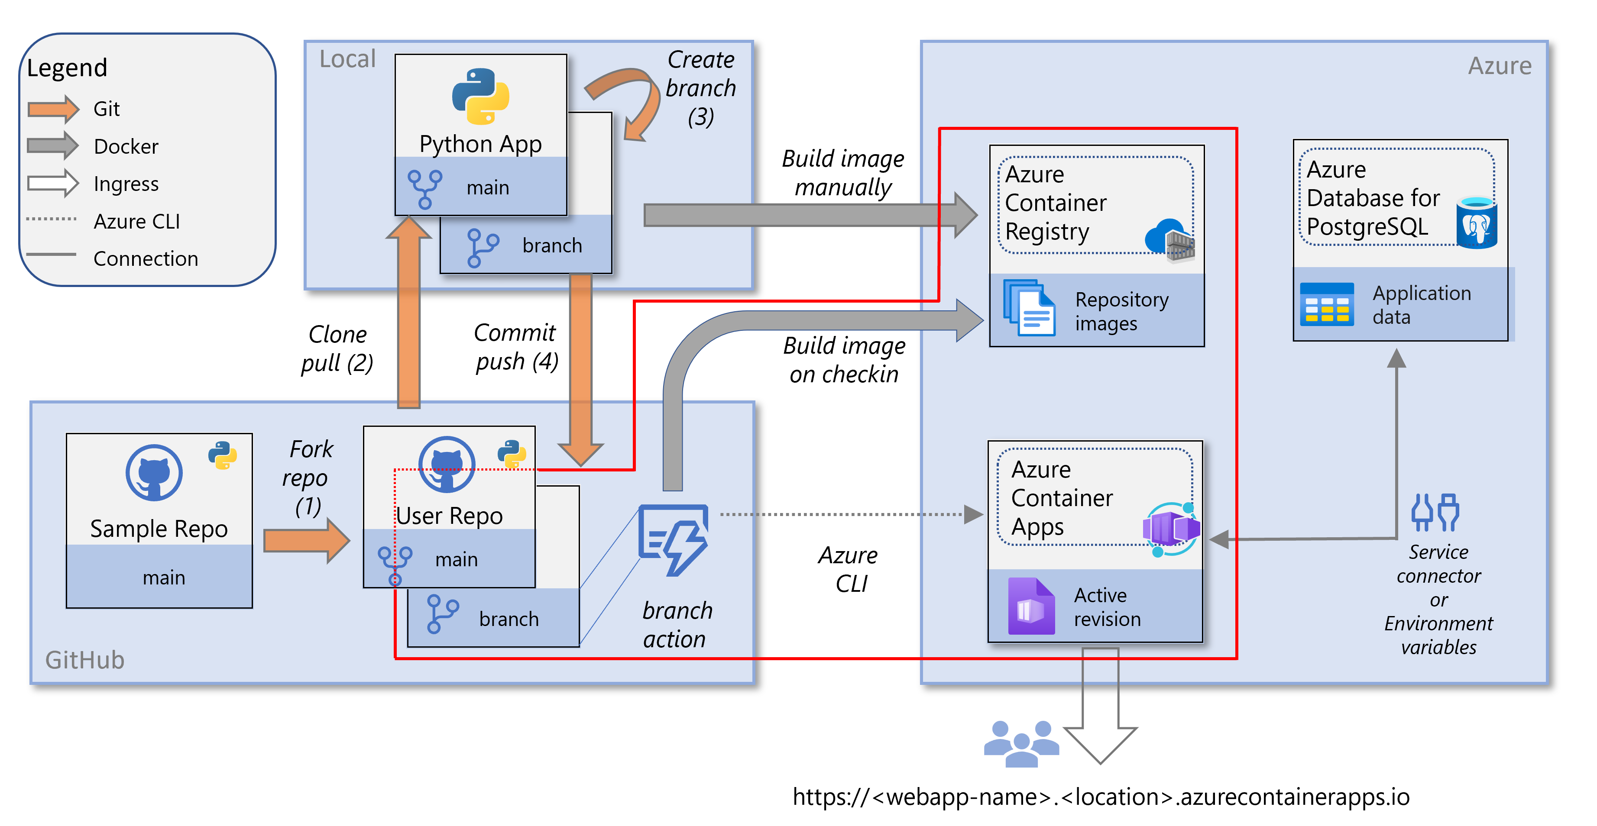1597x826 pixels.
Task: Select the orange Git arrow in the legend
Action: tap(53, 109)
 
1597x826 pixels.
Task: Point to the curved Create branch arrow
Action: tap(626, 99)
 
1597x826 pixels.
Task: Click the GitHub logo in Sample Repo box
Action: tap(154, 472)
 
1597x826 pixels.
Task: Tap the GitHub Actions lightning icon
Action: tap(674, 538)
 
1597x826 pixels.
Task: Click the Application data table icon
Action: tap(1327, 303)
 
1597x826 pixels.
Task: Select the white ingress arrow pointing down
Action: tap(1101, 713)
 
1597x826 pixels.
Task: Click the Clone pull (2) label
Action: tap(337, 348)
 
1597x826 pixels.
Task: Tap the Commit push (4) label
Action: tap(516, 347)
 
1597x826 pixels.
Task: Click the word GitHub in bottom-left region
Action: tap(85, 660)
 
